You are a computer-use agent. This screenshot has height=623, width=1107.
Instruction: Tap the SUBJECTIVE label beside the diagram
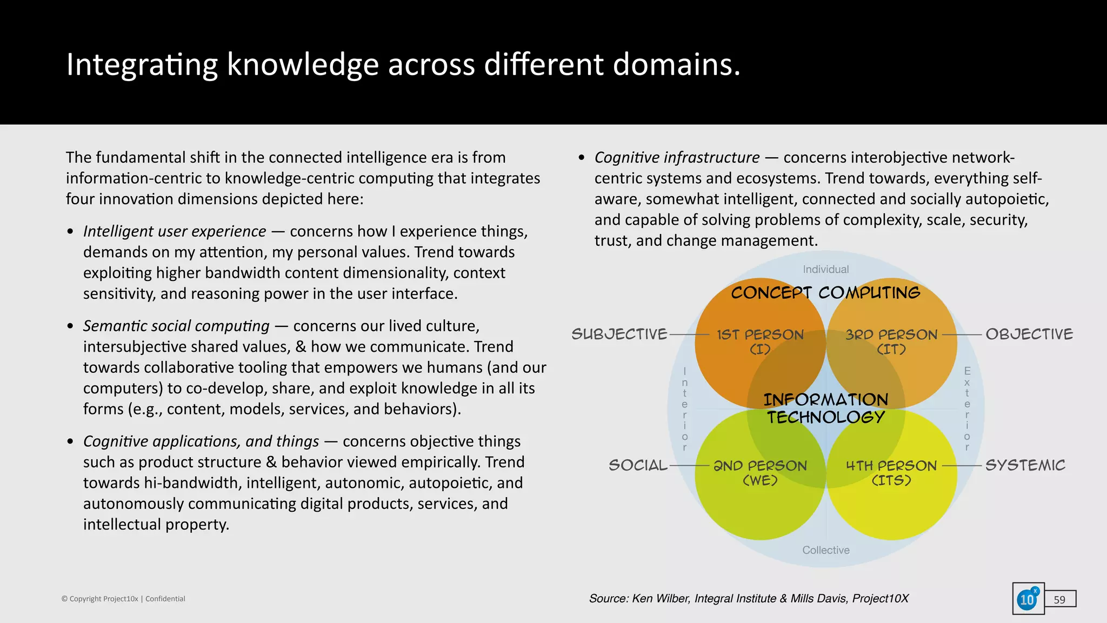619,334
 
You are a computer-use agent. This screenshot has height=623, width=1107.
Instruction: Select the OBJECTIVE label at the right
1029,334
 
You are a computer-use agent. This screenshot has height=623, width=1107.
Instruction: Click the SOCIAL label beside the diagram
638,465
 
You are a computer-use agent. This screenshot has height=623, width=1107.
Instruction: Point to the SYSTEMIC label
1025,465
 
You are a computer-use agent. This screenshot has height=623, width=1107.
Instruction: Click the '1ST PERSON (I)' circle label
760,341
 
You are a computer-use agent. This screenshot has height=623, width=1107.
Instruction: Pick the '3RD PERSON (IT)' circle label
891,341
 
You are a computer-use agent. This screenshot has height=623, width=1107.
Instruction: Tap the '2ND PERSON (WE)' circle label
760,473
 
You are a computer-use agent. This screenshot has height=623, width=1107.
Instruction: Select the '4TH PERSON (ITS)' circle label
891,473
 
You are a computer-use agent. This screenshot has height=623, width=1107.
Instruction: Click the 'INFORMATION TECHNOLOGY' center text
826,408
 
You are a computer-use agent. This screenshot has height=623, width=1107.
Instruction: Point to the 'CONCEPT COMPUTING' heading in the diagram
825,293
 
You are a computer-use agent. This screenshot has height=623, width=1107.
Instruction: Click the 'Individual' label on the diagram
825,269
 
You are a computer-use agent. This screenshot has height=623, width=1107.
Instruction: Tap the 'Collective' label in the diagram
825,550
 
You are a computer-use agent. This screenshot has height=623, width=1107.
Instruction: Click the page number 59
1059,600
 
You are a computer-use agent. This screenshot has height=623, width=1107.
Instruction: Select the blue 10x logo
1028,599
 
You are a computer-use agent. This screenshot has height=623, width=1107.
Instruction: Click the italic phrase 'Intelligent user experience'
175,231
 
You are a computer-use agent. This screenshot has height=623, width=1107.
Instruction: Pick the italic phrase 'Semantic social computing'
176,326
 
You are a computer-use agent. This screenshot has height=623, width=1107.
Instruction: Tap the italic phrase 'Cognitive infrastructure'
677,158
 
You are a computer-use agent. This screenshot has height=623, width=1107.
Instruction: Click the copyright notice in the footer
123,599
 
